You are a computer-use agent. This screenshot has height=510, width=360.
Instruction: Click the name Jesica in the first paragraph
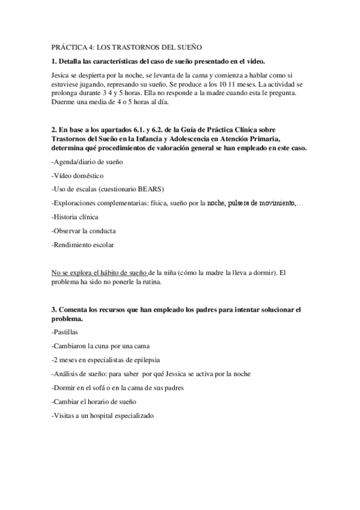click(x=62, y=75)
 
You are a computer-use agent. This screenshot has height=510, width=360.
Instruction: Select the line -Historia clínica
click(x=75, y=217)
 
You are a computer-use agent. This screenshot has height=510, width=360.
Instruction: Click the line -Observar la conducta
click(x=84, y=230)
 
